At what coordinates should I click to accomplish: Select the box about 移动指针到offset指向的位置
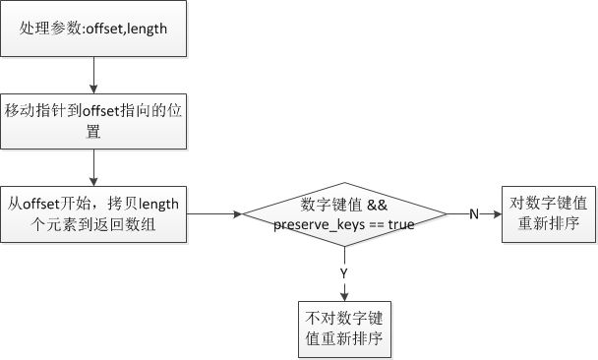pyautogui.click(x=92, y=119)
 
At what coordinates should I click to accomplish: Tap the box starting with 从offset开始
pyautogui.click(x=92, y=212)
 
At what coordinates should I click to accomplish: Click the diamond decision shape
pyautogui.click(x=343, y=213)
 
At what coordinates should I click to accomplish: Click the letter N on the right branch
pyautogui.click(x=473, y=213)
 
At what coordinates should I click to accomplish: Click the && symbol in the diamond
pyautogui.click(x=379, y=205)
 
